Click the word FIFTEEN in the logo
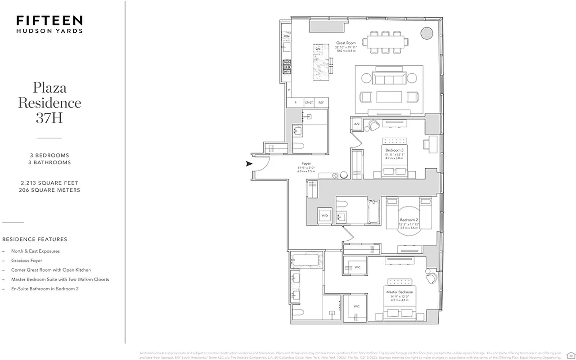point(49,21)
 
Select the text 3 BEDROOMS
point(49,155)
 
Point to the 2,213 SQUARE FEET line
point(49,183)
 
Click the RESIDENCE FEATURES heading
point(35,239)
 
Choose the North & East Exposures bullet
point(36,251)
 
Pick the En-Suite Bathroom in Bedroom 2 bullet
point(45,289)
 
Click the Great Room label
point(346,44)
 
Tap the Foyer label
point(306,164)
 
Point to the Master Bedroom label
point(400,292)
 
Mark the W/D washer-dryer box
point(324,216)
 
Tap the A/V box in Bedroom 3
point(356,124)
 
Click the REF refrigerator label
point(321,103)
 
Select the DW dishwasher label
point(286,36)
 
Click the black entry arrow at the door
point(249,164)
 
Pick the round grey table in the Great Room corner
point(426,32)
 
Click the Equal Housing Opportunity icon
point(570,354)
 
